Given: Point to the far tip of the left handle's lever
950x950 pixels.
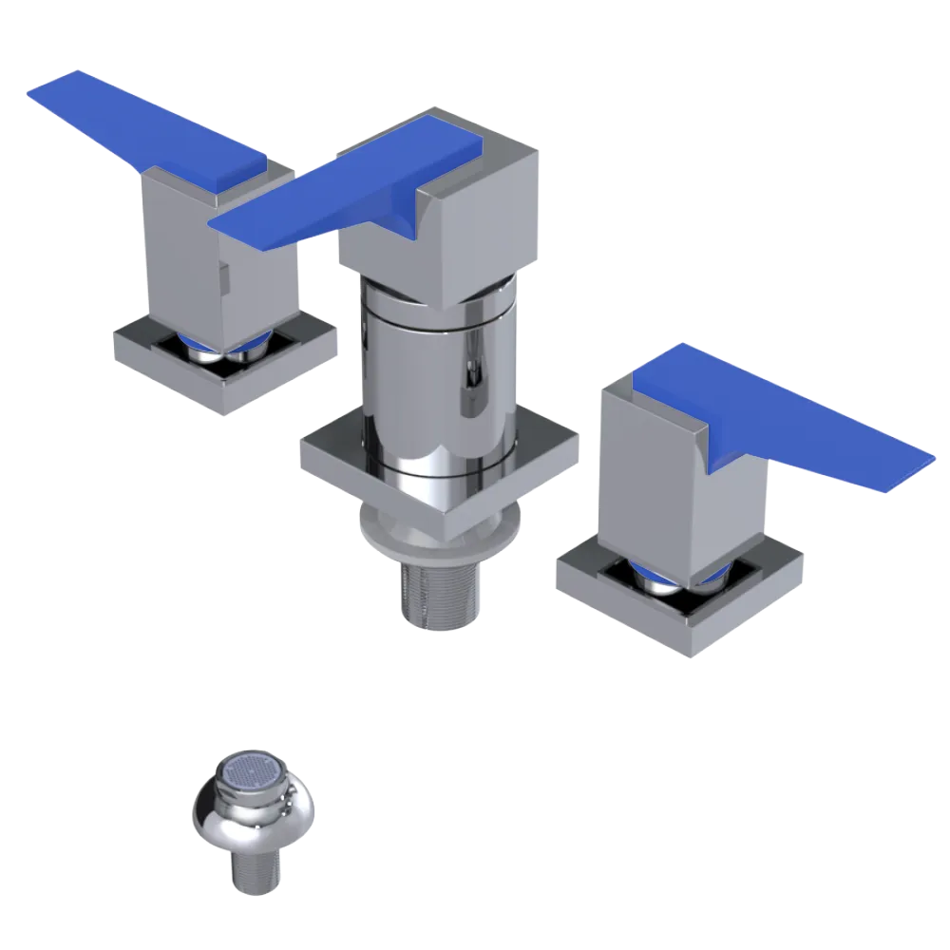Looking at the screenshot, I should tap(47, 90).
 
